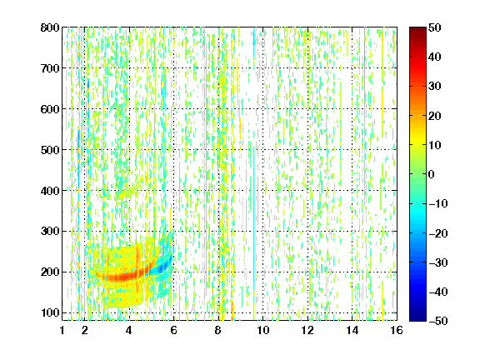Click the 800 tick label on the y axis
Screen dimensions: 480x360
[50, 27]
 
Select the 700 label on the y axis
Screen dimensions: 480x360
[50, 68]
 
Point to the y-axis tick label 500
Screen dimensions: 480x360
[50, 150]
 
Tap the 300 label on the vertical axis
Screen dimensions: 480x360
[50, 231]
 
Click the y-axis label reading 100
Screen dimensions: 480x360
[50, 312]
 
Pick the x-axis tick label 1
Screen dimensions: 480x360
[62, 330]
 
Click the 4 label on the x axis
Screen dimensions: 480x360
[129, 330]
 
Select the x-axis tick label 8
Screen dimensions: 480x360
[218, 330]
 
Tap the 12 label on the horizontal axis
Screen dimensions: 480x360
[307, 330]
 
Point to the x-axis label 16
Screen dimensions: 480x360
[397, 330]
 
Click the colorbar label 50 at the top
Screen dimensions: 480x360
[434, 27]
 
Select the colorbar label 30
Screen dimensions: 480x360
[434, 86]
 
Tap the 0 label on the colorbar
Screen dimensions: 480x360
[432, 174]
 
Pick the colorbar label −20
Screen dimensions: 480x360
[438, 233]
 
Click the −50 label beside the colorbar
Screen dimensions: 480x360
[438, 321]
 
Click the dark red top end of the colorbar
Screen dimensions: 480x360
[417, 29]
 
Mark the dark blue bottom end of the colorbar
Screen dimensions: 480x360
[417, 318]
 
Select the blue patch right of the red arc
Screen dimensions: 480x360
[162, 267]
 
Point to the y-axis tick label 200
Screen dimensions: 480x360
[50, 272]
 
